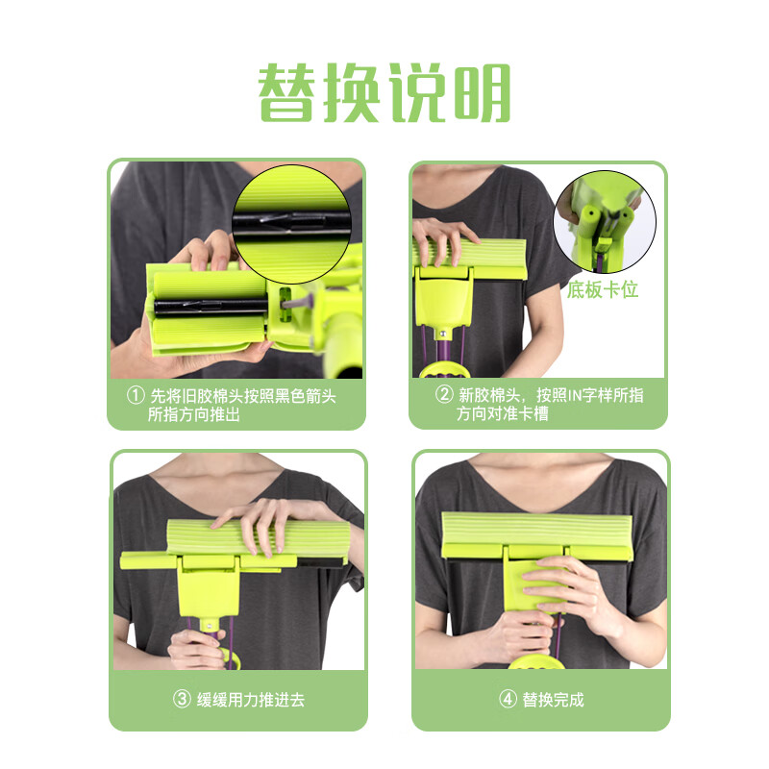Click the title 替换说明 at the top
pos(384,94)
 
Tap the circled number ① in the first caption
pos(136,395)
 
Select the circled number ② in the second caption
pos(444,395)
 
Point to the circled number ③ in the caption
pos(182,700)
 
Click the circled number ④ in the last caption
pos(508,700)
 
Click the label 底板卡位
pos(603,289)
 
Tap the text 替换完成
pos(553,700)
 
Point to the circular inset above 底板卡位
pos(605,221)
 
